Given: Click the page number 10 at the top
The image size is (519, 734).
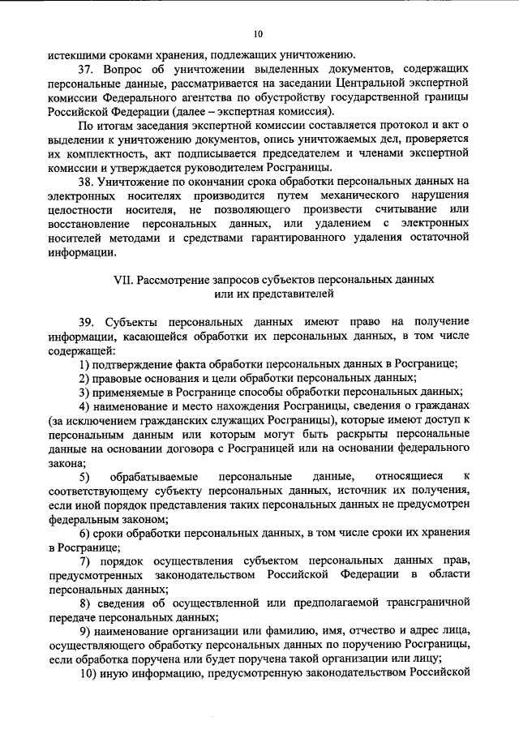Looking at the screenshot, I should point(259,33).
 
